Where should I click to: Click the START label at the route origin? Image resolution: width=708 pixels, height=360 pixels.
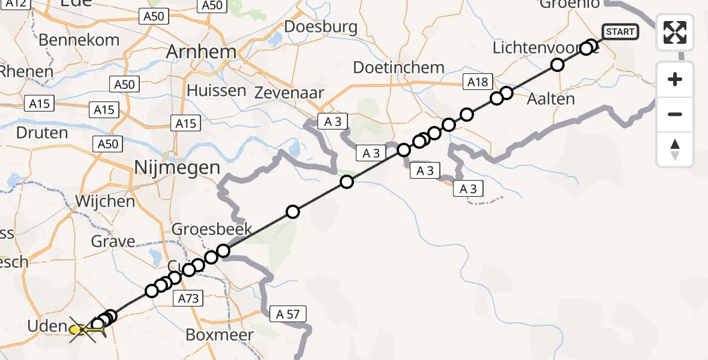click(620, 32)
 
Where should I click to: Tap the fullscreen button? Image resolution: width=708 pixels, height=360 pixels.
click(675, 32)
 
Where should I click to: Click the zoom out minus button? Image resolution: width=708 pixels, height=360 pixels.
click(675, 114)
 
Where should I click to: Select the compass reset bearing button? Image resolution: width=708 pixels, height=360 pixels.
click(675, 149)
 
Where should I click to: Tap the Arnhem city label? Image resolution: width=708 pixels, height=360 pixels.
click(201, 52)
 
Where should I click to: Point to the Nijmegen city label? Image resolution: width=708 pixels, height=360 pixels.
click(177, 167)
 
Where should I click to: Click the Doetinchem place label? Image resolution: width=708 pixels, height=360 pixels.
click(399, 67)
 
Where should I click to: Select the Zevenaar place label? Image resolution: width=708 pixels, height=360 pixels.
click(289, 93)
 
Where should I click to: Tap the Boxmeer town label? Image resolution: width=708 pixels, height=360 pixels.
click(219, 334)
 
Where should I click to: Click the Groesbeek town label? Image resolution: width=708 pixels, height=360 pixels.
click(212, 229)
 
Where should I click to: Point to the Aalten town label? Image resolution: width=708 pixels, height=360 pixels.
click(550, 98)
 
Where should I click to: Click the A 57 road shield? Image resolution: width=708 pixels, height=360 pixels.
click(288, 313)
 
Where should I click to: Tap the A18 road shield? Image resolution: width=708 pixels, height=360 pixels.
click(478, 82)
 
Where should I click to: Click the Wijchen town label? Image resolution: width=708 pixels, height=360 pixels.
click(105, 201)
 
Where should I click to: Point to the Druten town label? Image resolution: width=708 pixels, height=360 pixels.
click(41, 132)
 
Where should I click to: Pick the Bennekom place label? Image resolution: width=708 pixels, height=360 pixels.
click(79, 40)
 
